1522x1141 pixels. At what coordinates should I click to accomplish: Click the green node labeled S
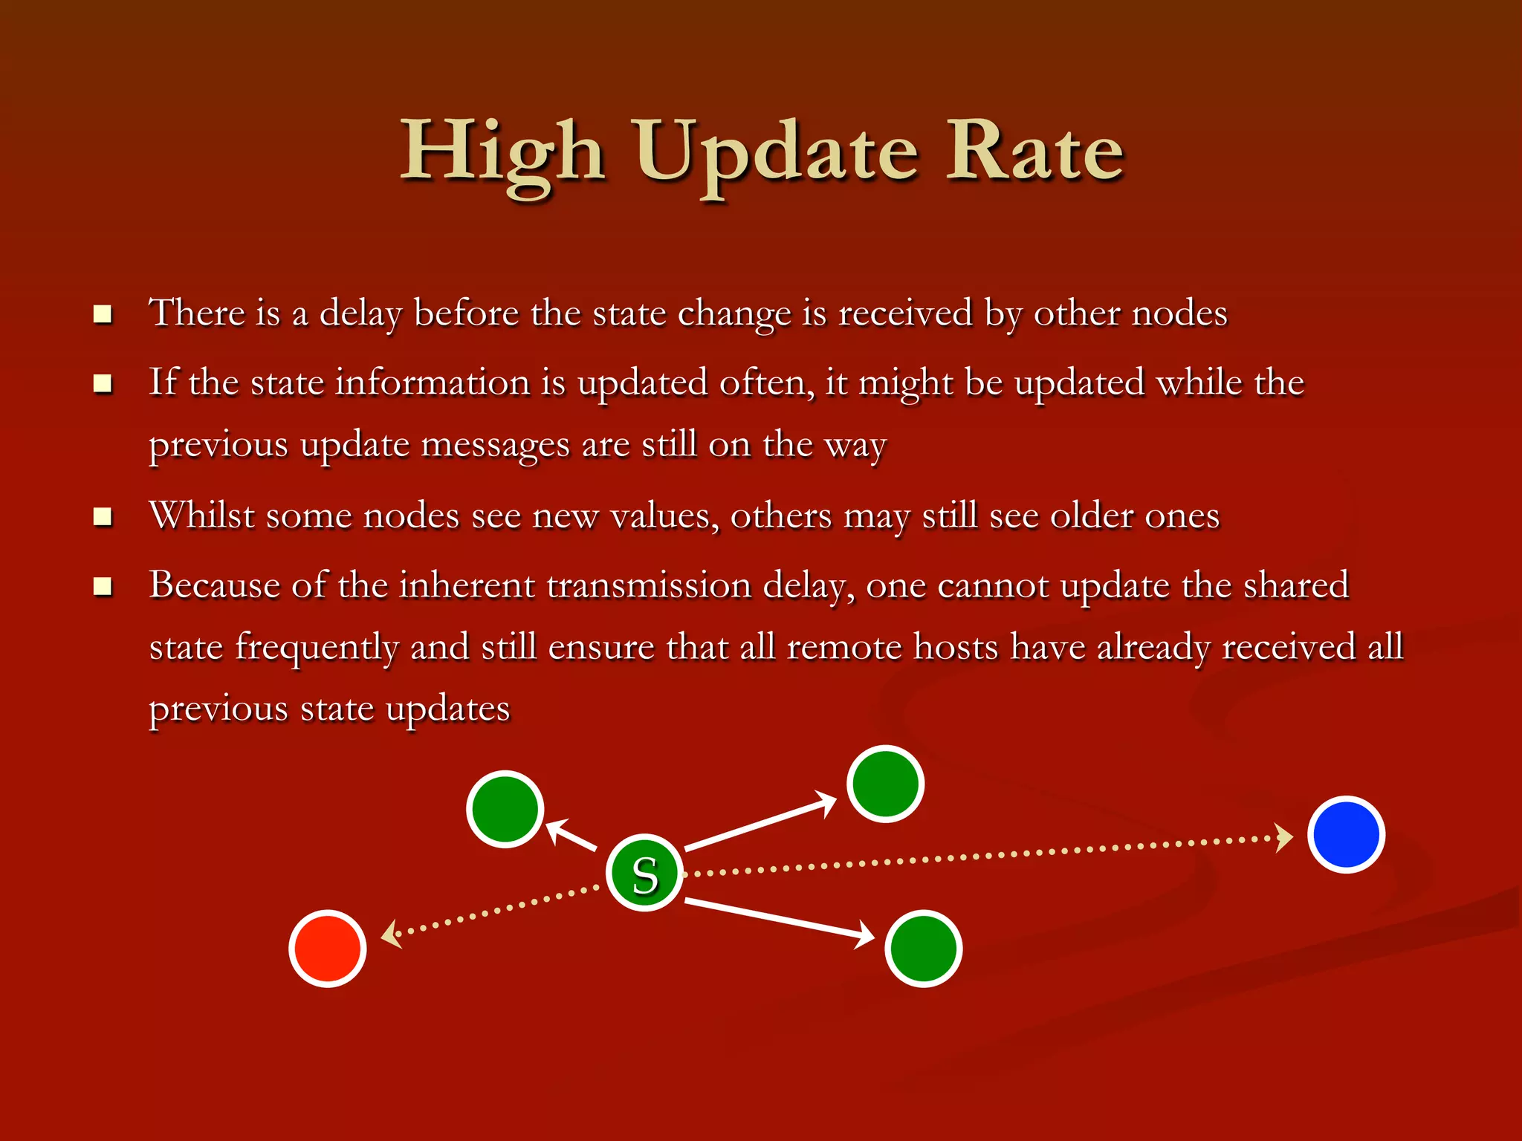click(644, 873)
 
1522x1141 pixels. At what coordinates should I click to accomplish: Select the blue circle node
click(1346, 834)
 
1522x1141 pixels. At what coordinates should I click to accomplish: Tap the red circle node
click(328, 949)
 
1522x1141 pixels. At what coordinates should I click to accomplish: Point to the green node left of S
click(505, 809)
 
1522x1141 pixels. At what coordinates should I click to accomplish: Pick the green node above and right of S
click(885, 784)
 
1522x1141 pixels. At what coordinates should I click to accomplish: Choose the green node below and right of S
click(924, 949)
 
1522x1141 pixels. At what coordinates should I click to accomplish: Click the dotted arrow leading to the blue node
click(988, 856)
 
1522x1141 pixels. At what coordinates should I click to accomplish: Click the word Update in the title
click(777, 152)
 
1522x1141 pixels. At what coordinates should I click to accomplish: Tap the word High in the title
click(503, 152)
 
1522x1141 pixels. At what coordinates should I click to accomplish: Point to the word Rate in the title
click(1034, 152)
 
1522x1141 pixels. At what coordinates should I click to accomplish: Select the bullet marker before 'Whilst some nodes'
click(103, 516)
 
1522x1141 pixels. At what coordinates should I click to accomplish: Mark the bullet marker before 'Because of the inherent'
click(103, 586)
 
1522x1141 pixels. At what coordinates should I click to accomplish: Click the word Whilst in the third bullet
click(201, 515)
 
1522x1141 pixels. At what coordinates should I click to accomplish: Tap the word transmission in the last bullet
click(649, 585)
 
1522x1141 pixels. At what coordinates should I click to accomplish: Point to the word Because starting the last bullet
click(214, 585)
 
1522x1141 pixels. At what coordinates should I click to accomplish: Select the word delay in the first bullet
click(360, 313)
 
